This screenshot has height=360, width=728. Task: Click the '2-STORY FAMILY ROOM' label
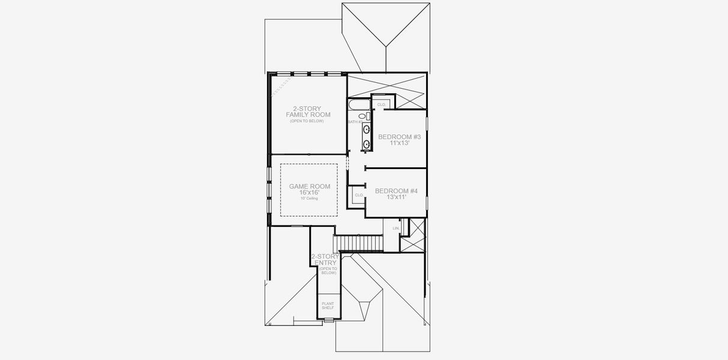303,112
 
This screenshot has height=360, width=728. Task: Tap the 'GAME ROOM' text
310,187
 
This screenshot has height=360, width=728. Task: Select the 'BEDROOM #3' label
399,137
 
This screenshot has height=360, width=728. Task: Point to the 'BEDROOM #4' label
396,191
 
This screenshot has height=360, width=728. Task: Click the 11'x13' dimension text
399,144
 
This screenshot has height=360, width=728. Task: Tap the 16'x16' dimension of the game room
310,193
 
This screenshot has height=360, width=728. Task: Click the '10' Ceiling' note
310,198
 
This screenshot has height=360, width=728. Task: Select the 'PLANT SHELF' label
328,306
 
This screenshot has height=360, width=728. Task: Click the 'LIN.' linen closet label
396,229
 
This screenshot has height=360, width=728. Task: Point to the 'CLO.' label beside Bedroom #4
359,195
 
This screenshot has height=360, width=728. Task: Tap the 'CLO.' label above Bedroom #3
381,105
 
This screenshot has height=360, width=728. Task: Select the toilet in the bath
366,116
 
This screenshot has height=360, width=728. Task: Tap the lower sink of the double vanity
366,143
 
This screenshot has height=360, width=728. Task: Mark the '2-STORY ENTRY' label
325,259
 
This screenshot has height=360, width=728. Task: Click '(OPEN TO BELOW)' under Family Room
306,121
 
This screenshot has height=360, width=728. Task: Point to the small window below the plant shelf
328,321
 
